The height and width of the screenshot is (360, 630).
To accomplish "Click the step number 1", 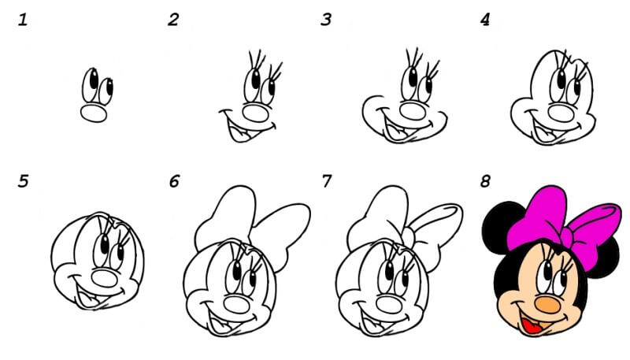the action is [x=23, y=20].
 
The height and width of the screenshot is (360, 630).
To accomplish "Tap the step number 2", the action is [x=173, y=20].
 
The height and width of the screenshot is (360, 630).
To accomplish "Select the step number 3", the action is [x=326, y=20].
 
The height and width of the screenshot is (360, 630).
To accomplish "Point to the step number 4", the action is [x=485, y=20].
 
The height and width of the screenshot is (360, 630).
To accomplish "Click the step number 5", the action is [x=24, y=181].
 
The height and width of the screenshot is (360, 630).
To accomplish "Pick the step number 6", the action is [x=174, y=181].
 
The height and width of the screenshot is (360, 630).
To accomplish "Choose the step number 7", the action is [x=327, y=181].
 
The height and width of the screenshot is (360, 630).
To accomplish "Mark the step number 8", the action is [x=485, y=181].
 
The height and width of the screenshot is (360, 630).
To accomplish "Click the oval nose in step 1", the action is [x=94, y=113].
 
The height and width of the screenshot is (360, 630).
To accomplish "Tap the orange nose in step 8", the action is [x=547, y=305].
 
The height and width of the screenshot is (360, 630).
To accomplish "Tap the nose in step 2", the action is [x=255, y=113].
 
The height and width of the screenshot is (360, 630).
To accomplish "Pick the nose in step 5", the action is [x=105, y=278].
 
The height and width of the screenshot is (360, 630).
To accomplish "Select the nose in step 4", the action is [x=561, y=113].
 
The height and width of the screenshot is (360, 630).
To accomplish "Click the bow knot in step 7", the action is [x=408, y=238].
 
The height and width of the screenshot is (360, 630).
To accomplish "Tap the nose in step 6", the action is [x=237, y=305].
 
